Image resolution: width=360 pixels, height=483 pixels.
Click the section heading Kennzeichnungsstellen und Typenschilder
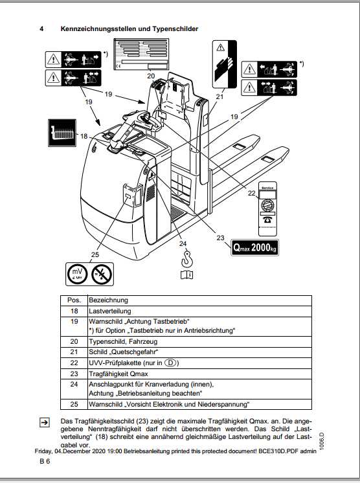[x=129, y=28]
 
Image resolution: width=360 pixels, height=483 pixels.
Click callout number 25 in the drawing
[x=95, y=254]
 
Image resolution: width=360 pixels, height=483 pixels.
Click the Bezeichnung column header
[x=108, y=300]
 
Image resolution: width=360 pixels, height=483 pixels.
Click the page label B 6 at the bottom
[x=44, y=462]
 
